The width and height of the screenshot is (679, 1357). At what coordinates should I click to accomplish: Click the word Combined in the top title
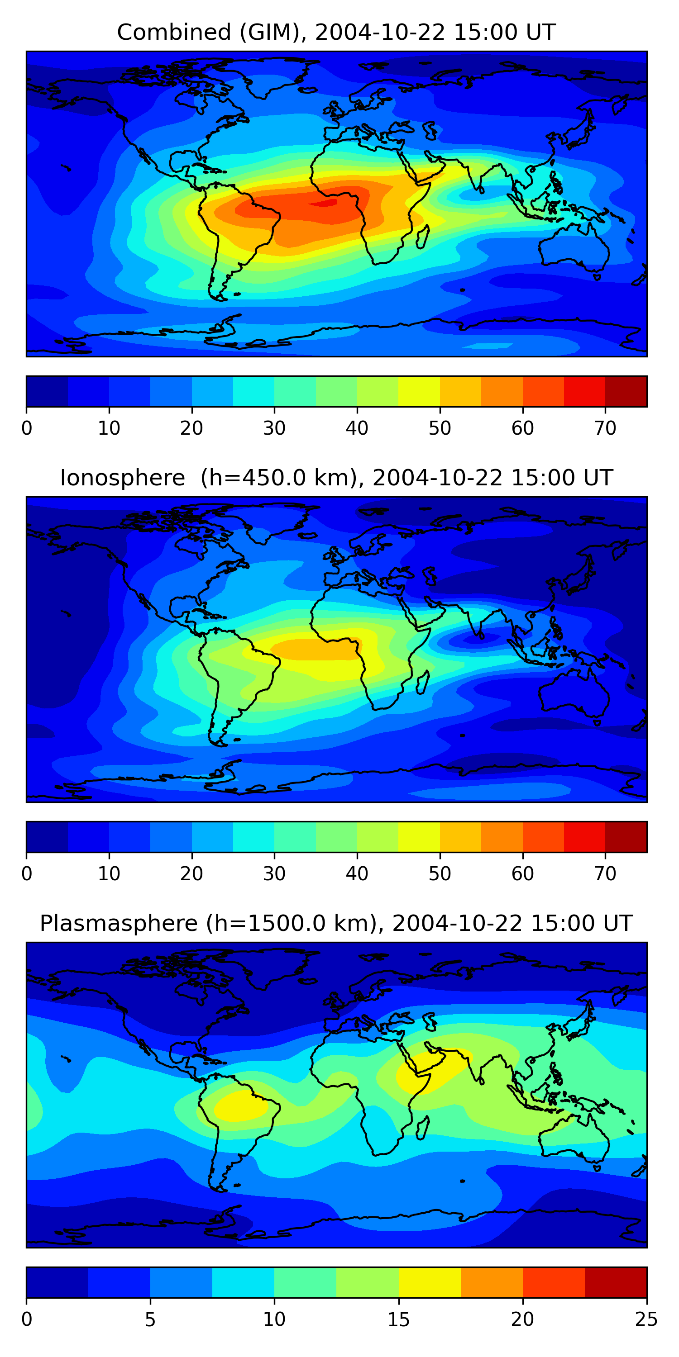pyautogui.click(x=173, y=32)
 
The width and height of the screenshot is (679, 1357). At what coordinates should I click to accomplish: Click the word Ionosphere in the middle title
pyautogui.click(x=122, y=478)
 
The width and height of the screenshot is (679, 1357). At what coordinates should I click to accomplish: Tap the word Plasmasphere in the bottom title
pyautogui.click(x=118, y=924)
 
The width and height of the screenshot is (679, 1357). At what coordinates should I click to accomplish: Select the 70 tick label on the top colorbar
pyautogui.click(x=605, y=428)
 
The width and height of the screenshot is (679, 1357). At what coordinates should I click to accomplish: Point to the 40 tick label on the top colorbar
pyautogui.click(x=357, y=428)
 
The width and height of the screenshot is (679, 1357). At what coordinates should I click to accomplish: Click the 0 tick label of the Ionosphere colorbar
pyautogui.click(x=27, y=874)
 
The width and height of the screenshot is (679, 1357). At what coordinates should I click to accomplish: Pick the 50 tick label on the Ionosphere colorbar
pyautogui.click(x=440, y=874)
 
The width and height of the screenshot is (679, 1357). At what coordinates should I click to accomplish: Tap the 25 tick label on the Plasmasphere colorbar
pyautogui.click(x=646, y=1319)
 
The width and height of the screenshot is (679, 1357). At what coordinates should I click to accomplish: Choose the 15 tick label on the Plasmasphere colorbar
pyautogui.click(x=398, y=1319)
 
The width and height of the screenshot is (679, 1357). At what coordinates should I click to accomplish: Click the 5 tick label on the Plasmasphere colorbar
pyautogui.click(x=150, y=1319)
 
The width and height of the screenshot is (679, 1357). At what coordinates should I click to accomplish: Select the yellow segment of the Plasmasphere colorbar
pyautogui.click(x=430, y=1282)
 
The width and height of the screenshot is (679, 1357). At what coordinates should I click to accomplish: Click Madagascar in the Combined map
pyautogui.click(x=423, y=237)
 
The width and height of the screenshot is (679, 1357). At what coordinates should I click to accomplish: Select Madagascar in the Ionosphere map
pyautogui.click(x=423, y=683)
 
